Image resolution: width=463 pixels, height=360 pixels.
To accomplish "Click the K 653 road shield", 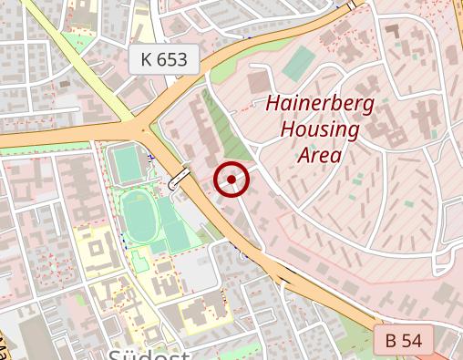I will coord(164,60).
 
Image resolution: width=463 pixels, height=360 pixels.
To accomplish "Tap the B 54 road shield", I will coord(404,341).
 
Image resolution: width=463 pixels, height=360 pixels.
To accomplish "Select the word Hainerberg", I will coord(319,104).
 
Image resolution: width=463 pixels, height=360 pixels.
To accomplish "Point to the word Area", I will coord(319,154).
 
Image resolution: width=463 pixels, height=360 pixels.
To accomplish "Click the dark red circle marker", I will coord(231,180).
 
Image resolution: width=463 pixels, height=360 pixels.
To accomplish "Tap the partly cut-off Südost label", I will coord(149,354).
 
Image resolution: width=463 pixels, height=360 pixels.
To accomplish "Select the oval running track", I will coord(140,218).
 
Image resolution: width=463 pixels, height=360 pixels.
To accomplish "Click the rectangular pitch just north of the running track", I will coord(127,165).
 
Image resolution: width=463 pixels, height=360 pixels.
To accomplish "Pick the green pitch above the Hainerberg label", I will coord(298,63).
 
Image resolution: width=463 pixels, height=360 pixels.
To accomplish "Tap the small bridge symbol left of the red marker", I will coord(180,180).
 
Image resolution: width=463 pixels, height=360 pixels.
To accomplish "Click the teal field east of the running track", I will coord(175,231).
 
